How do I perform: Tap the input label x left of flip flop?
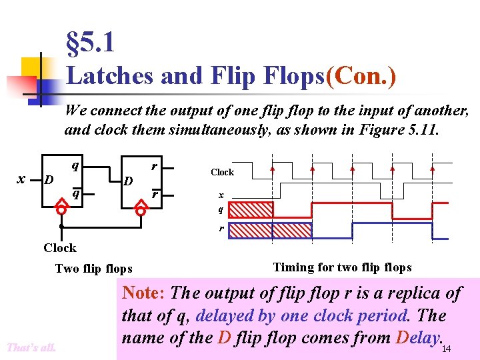21,179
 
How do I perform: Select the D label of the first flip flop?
48,180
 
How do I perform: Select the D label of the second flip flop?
129,181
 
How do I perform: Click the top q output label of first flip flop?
77,165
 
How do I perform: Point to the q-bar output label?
77,193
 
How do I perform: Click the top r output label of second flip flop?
154,165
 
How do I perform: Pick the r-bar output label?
155,194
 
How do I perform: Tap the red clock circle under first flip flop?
61,210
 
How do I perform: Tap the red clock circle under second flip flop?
141,210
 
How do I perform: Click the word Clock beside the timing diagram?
222,172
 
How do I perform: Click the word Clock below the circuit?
60,248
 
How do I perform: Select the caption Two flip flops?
93,269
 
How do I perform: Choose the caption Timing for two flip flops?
342,267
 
